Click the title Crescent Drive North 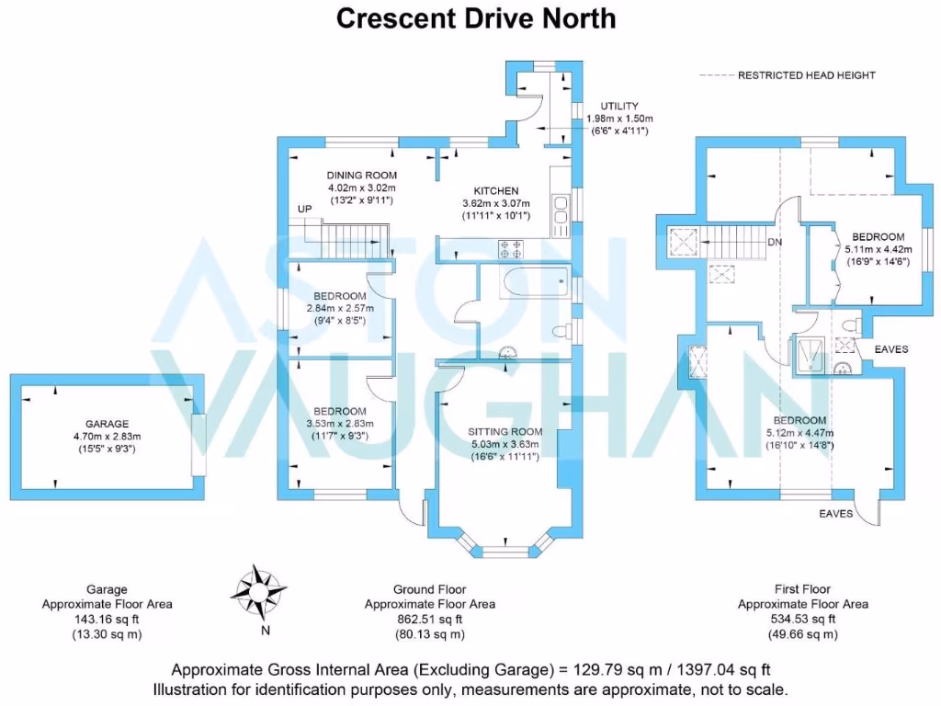[476, 18]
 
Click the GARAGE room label [107, 425]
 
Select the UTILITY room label [620, 107]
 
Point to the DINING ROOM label [362, 176]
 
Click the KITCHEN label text [496, 191]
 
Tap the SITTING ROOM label [505, 431]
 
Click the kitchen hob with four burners [511, 248]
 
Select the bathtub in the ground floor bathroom [525, 281]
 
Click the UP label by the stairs [304, 210]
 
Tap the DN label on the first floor [775, 243]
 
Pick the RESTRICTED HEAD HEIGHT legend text [807, 75]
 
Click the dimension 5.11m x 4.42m [878, 249]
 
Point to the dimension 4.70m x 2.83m [107, 437]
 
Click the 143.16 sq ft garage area [107, 620]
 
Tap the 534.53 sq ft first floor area [802, 620]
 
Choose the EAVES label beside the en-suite [891, 350]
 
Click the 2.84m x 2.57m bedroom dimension [340, 309]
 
